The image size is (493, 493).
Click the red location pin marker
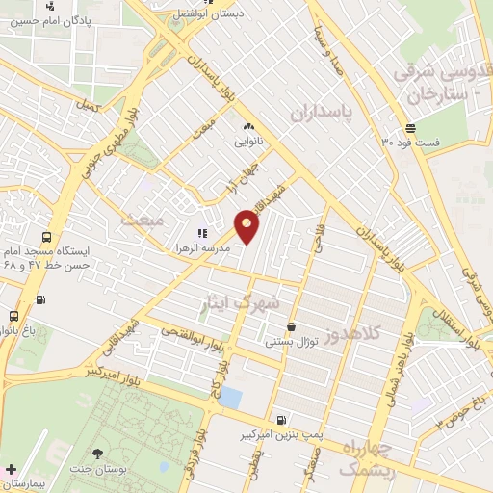(247, 225)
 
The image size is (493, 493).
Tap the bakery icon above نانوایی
(248, 126)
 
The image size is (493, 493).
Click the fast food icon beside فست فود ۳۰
(410, 128)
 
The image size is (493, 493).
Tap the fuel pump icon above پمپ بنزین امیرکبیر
(280, 420)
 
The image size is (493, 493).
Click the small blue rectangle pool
(231, 398)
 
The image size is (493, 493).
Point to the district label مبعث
(142, 221)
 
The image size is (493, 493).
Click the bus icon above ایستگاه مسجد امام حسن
(46, 237)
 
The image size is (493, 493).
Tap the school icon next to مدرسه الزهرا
(202, 233)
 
